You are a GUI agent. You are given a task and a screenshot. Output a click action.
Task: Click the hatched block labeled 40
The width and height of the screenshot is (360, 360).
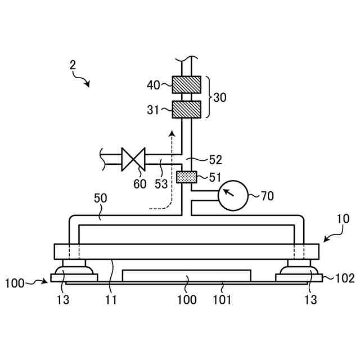(x=186, y=85)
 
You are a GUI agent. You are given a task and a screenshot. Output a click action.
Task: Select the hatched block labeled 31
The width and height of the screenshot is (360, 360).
(x=186, y=109)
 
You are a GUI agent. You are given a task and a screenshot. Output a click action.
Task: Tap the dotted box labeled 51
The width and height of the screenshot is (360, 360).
(x=186, y=177)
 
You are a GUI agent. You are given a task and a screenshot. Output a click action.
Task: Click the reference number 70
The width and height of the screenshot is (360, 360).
(x=267, y=196)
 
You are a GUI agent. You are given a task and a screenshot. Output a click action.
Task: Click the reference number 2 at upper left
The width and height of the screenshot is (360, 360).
(x=73, y=65)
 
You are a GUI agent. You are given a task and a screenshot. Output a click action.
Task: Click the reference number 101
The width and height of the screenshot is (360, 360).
(x=223, y=299)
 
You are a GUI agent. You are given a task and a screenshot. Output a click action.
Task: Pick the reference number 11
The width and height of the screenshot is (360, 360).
(x=111, y=299)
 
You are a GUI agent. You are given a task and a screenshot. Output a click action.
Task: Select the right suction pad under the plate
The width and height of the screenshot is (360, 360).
(x=299, y=269)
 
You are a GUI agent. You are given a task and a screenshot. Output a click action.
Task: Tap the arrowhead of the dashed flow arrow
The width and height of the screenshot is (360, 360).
(x=173, y=133)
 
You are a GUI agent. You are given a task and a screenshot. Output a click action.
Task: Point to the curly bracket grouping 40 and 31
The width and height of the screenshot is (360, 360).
(x=210, y=97)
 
